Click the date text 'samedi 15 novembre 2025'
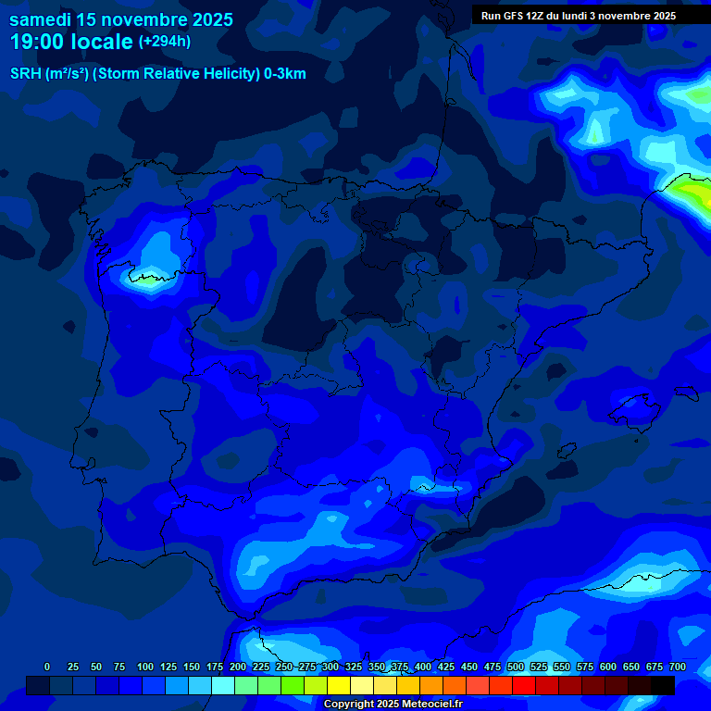(x=121, y=19)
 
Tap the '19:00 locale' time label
(x=71, y=42)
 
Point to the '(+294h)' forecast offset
(x=165, y=42)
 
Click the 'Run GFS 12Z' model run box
(x=579, y=16)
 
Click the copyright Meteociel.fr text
(x=393, y=705)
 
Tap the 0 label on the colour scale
(x=47, y=667)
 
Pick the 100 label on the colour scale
(x=145, y=667)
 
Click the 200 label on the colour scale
(x=238, y=667)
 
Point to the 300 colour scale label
(x=331, y=667)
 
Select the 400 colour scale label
(x=423, y=667)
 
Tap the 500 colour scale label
(x=516, y=667)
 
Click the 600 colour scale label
(x=608, y=667)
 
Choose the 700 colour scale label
(x=678, y=667)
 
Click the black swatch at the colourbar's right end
(x=663, y=685)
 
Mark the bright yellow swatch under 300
(x=339, y=685)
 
